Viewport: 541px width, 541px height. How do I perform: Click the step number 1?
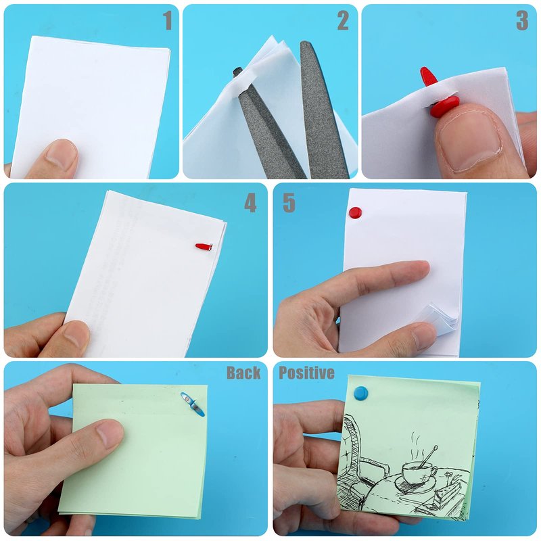click(167, 20)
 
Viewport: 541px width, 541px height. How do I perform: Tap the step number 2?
click(343, 20)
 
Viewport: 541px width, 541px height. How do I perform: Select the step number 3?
click(522, 20)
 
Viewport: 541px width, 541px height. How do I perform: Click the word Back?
click(243, 373)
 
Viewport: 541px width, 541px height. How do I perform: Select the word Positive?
click(306, 373)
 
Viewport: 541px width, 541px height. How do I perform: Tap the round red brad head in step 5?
click(355, 212)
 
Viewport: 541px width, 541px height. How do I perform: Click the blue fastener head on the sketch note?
click(361, 393)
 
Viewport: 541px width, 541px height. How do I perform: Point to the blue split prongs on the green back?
click(193, 404)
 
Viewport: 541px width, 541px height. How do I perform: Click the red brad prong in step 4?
click(204, 247)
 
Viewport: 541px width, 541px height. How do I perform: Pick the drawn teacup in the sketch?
click(418, 471)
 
